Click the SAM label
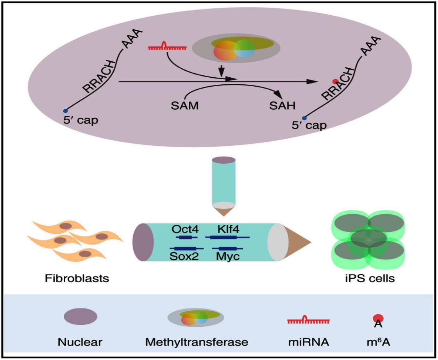click(185, 106)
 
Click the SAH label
click(282, 106)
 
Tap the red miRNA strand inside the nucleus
click(167, 47)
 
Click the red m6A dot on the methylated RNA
click(335, 82)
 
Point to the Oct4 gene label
click(185, 230)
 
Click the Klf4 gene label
click(228, 230)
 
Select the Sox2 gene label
click(184, 256)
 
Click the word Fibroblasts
click(77, 278)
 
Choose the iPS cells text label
click(370, 278)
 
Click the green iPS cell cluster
click(368, 239)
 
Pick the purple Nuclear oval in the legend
click(80, 317)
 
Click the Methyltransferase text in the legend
click(197, 342)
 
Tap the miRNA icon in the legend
click(308, 320)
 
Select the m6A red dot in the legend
click(378, 318)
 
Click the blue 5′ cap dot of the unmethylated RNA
click(65, 111)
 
